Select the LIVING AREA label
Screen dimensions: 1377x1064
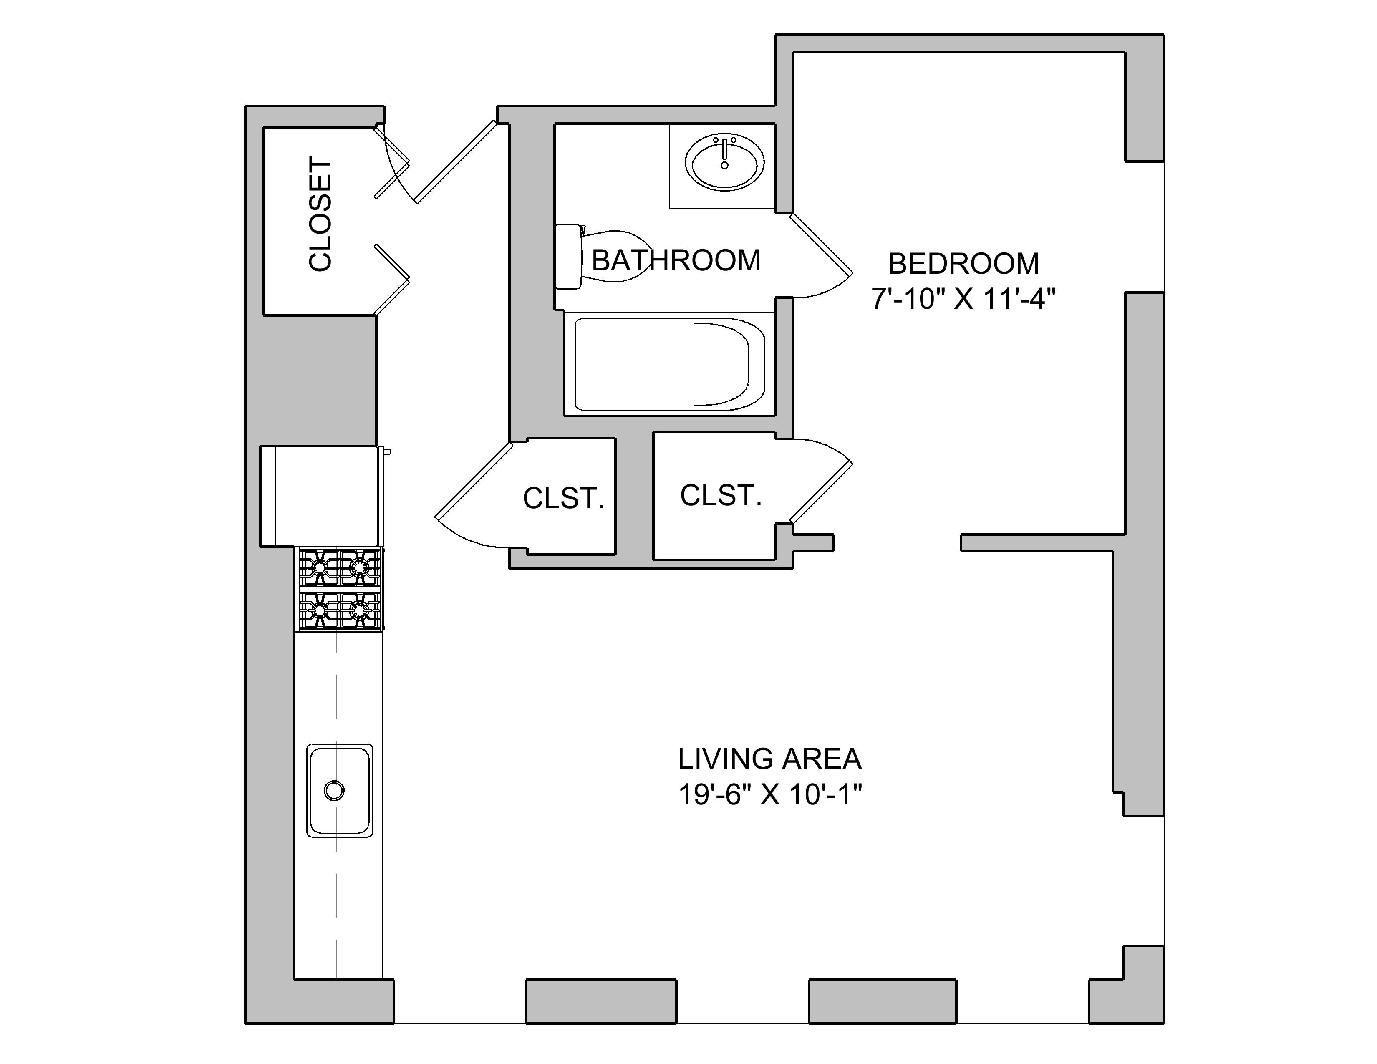769,759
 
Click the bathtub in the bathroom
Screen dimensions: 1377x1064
668,364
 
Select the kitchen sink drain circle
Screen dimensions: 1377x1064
334,790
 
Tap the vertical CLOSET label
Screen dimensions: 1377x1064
320,215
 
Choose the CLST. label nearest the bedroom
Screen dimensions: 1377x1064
721,495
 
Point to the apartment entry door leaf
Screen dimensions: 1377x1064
456,162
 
